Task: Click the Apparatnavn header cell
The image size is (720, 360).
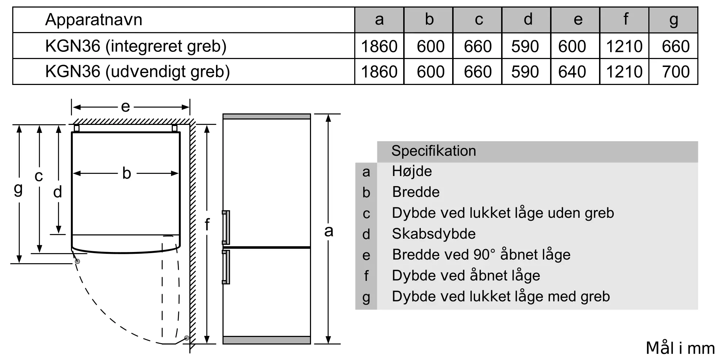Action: [94, 20]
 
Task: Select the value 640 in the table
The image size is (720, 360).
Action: [572, 72]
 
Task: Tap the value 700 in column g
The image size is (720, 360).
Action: [675, 72]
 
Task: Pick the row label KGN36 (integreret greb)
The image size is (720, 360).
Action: [136, 46]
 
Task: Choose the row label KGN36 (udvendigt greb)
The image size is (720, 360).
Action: [138, 72]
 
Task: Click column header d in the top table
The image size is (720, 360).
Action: [528, 20]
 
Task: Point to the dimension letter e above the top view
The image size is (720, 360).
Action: [125, 107]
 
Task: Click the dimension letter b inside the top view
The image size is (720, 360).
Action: [126, 173]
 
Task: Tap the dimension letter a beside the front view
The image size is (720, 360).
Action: [328, 231]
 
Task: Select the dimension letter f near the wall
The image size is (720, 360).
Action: [207, 225]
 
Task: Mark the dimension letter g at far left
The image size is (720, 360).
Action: [18, 189]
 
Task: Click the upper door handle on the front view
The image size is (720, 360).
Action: [226, 228]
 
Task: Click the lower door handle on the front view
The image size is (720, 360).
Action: [226, 267]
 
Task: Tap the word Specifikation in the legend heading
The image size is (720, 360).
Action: [433, 151]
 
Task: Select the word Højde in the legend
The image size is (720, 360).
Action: [412, 171]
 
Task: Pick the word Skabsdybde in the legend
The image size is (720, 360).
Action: [433, 234]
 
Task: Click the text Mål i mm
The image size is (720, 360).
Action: [680, 348]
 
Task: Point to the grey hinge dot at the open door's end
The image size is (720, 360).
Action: [186, 338]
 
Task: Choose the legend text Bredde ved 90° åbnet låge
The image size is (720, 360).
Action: [481, 255]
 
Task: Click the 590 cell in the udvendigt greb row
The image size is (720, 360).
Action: [525, 72]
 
